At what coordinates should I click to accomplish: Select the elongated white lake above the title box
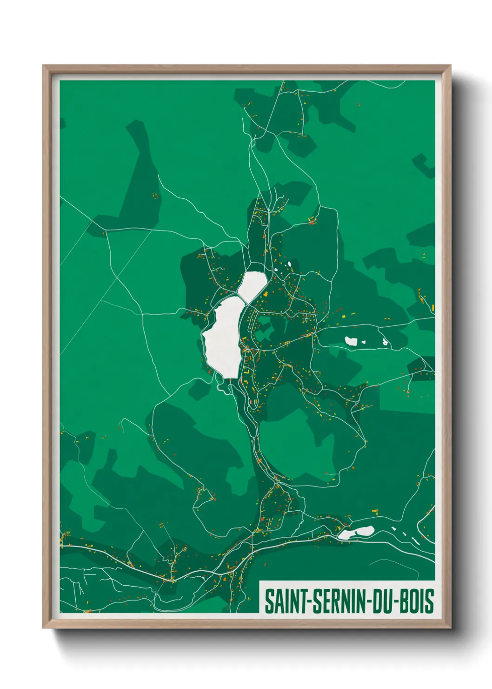[356, 532]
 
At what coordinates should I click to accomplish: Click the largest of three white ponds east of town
[351, 341]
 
